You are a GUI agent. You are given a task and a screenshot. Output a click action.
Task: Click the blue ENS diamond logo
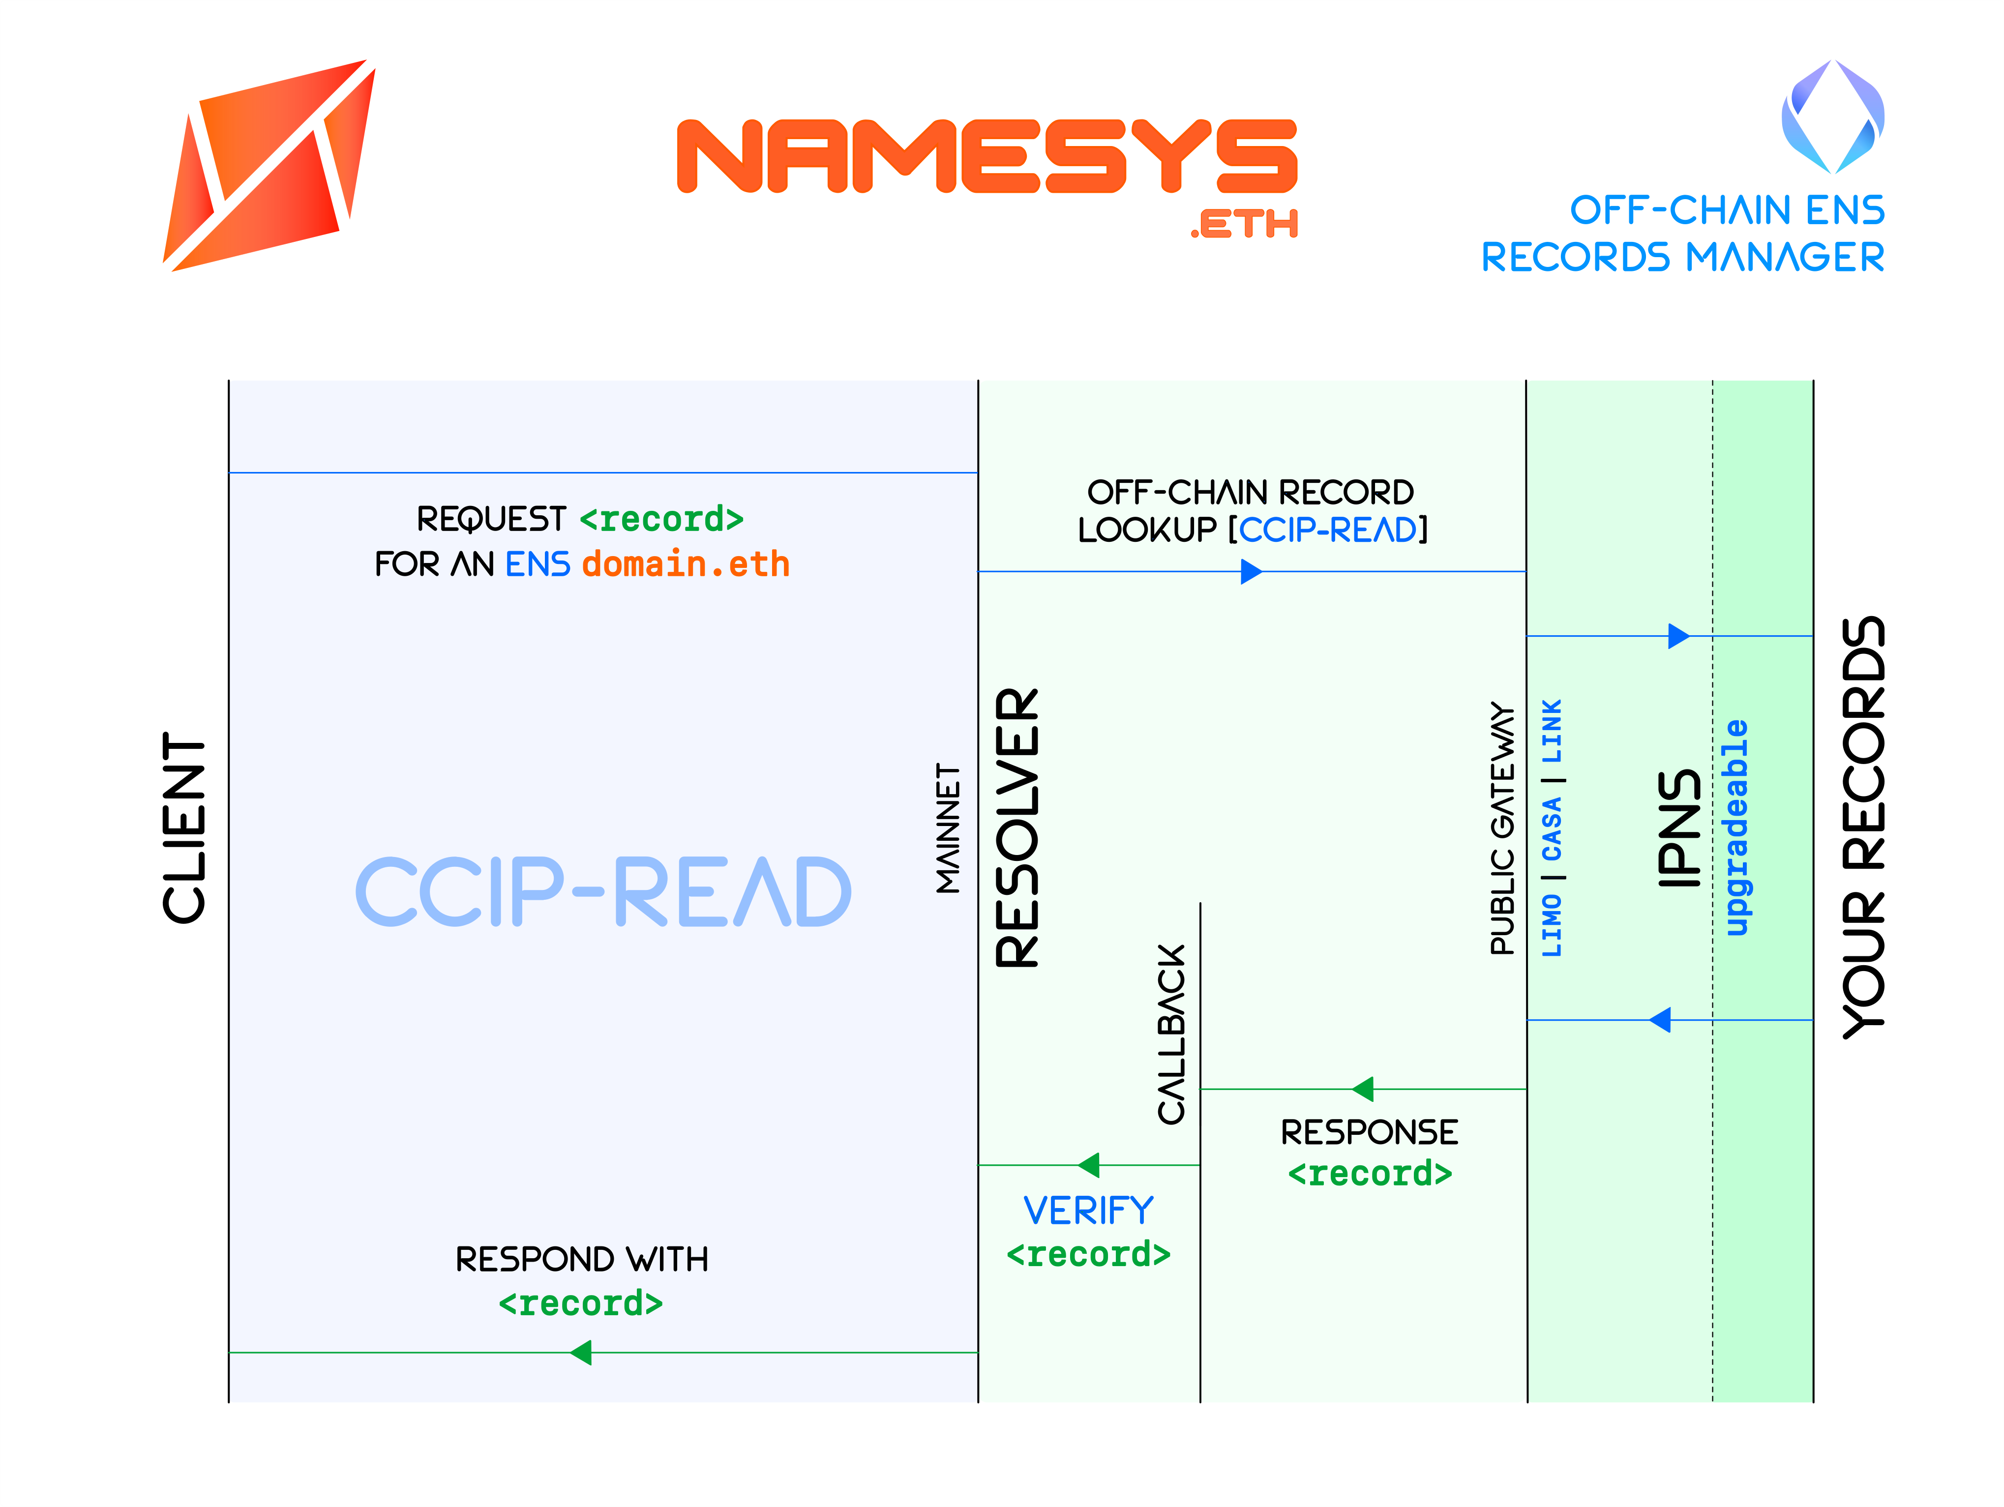[x=1832, y=116]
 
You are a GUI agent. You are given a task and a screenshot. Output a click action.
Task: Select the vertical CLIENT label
[x=185, y=827]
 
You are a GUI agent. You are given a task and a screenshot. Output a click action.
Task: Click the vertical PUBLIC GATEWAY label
[x=1502, y=828]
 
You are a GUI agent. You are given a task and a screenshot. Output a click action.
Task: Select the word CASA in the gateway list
[x=1552, y=828]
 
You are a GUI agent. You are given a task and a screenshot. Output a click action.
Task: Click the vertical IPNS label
[x=1679, y=828]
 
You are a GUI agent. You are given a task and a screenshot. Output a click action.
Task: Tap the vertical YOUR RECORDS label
[x=1863, y=828]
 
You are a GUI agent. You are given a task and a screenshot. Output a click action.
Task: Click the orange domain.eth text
[x=686, y=564]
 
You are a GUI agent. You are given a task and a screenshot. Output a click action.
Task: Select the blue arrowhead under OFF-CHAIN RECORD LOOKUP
[x=1251, y=571]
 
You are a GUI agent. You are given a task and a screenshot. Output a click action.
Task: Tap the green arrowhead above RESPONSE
[x=1363, y=1090]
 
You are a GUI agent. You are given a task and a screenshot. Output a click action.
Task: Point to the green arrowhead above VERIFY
[x=1089, y=1166]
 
